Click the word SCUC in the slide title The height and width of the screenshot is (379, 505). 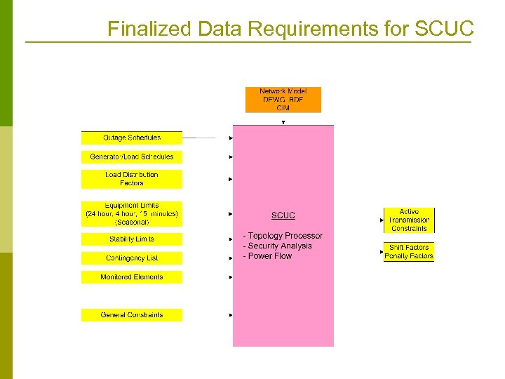[x=445, y=29]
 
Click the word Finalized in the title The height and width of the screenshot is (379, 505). [x=149, y=29]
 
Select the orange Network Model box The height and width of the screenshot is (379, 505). [x=283, y=100]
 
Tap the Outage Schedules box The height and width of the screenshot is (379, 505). [x=132, y=138]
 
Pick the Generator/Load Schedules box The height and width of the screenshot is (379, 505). [x=132, y=157]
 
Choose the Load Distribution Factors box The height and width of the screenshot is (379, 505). [x=132, y=179]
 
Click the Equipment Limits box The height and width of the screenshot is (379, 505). [x=132, y=213]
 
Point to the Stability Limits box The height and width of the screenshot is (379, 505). [x=132, y=239]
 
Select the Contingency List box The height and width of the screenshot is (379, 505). [x=132, y=258]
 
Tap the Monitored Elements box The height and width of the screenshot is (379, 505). [x=132, y=277]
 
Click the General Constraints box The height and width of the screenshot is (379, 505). [x=132, y=315]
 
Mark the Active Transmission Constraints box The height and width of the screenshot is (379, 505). [x=409, y=220]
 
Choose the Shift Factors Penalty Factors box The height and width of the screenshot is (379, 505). [x=409, y=252]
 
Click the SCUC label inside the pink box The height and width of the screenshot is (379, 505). [x=283, y=215]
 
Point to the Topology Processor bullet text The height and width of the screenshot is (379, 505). [x=283, y=236]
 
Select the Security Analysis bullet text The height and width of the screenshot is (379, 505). [x=277, y=246]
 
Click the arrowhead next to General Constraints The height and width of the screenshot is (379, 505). [x=231, y=315]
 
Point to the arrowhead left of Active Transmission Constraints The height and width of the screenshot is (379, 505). [x=382, y=220]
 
